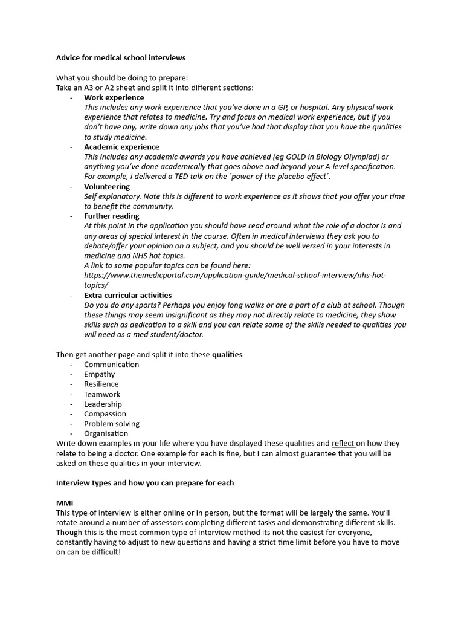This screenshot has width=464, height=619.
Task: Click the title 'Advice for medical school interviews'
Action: coord(121,58)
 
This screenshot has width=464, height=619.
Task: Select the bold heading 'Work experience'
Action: coord(114,97)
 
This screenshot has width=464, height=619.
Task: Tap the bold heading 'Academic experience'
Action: coord(121,147)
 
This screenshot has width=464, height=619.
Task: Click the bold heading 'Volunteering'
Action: coord(107,187)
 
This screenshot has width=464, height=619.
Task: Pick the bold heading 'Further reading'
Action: coord(112,216)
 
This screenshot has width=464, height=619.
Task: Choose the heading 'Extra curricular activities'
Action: coord(127,296)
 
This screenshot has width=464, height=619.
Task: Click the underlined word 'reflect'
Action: coord(343,444)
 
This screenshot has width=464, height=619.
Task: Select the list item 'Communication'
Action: coord(111,365)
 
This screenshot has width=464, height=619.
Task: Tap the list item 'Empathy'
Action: coord(99,374)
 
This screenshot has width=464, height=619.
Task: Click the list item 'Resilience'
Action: coord(101,384)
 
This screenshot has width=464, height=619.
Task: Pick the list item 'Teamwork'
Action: coord(102,394)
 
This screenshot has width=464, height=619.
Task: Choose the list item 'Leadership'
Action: coord(103,404)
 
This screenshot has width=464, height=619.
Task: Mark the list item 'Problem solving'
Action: coord(112,424)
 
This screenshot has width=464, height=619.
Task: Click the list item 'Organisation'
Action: coord(106,433)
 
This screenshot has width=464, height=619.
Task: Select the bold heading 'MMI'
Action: coord(65,503)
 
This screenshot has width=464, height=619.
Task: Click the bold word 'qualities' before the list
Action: coord(227,355)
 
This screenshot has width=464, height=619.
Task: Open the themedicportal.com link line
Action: coord(234,276)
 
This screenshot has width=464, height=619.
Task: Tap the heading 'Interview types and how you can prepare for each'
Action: coord(145,483)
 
